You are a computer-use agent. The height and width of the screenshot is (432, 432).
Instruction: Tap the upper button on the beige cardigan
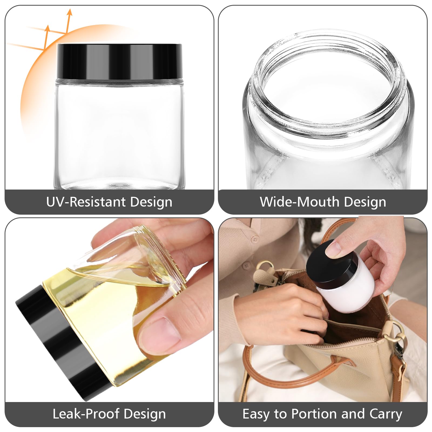click(254, 239)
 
